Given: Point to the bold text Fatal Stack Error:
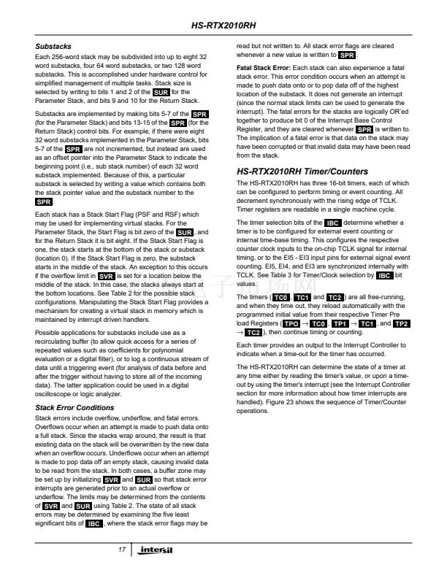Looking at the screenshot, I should [261, 67].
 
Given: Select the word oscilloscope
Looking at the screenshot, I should [56, 395].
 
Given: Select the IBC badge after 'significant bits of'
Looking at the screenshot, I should [93, 523].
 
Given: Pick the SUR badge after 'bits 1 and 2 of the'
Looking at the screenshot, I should [162, 93].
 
